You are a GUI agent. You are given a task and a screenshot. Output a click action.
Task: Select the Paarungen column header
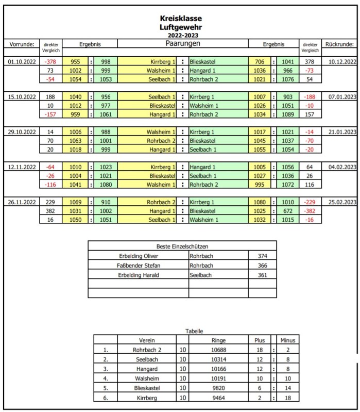pyautogui.click(x=183, y=44)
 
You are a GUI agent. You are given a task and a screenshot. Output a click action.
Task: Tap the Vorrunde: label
pyautogui.click(x=22, y=44)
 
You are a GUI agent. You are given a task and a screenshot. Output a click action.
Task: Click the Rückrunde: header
pyautogui.click(x=339, y=44)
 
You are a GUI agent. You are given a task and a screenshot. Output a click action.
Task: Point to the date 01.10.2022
pyautogui.click(x=22, y=61)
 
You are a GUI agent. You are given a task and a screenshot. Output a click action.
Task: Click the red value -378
pyautogui.click(x=50, y=61)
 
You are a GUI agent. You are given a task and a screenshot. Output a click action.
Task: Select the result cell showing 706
pyautogui.click(x=260, y=61)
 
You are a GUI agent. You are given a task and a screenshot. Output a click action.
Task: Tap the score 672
pyautogui.click(x=287, y=211)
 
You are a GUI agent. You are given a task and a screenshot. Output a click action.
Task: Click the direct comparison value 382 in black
pyautogui.click(x=50, y=211)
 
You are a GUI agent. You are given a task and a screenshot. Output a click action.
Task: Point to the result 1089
pyautogui.click(x=287, y=114)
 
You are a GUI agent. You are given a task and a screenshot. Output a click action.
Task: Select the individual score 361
pyautogui.click(x=262, y=275)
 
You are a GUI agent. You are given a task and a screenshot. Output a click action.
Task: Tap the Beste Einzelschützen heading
pyautogui.click(x=182, y=246)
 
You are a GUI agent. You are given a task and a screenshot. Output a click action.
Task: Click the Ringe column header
pyautogui.click(x=218, y=340)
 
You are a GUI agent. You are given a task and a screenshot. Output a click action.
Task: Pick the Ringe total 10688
pyautogui.click(x=218, y=350)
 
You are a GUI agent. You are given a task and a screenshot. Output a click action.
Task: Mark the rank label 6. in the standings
pyautogui.click(x=106, y=399)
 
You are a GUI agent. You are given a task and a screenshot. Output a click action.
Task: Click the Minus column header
pyautogui.click(x=287, y=340)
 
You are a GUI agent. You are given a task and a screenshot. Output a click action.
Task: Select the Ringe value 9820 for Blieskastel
pyautogui.click(x=218, y=388)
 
